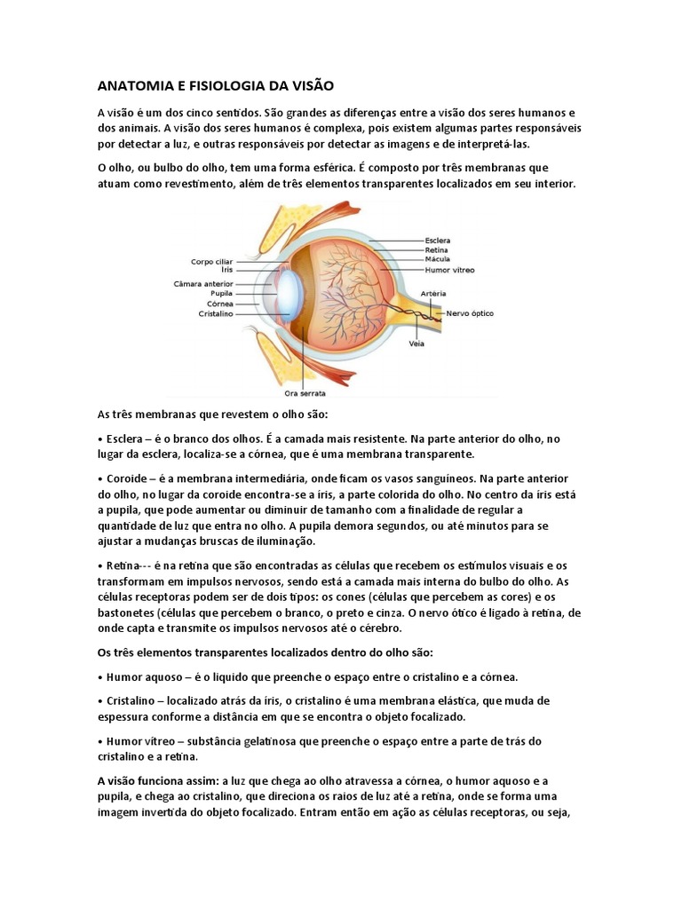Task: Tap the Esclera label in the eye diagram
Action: [438, 240]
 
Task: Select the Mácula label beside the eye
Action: [437, 259]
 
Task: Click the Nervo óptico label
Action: [470, 313]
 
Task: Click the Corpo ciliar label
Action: [212, 261]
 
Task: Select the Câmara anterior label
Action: [203, 283]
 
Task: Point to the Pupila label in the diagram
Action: [221, 293]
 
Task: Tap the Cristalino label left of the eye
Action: [215, 312]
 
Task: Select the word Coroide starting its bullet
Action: [126, 478]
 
